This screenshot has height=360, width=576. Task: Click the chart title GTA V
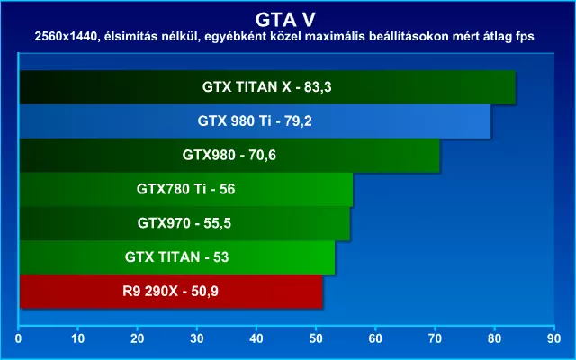(x=285, y=20)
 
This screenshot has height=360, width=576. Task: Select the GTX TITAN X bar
(x=267, y=87)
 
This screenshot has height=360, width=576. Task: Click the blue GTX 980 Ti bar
(x=255, y=121)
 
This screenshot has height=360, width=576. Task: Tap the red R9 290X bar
(x=171, y=292)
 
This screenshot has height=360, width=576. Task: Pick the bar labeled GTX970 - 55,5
(x=184, y=223)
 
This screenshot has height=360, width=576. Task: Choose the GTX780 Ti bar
(x=186, y=190)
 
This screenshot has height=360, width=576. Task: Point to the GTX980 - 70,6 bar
(x=229, y=156)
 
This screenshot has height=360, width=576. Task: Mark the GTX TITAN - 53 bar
(x=177, y=257)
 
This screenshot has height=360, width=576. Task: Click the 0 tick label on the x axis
(x=18, y=338)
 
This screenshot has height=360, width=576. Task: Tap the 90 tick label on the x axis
(x=554, y=338)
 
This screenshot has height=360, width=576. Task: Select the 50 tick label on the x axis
(x=316, y=338)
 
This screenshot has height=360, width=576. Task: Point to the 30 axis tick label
(x=197, y=338)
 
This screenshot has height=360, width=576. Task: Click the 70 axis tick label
(x=435, y=338)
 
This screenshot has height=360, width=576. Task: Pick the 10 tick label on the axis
(x=78, y=338)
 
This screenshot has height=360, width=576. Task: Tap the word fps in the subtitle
(x=524, y=38)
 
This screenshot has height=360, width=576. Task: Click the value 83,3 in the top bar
(x=318, y=87)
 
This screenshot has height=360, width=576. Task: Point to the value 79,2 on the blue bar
(x=298, y=121)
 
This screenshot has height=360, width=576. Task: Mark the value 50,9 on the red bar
(x=204, y=292)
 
